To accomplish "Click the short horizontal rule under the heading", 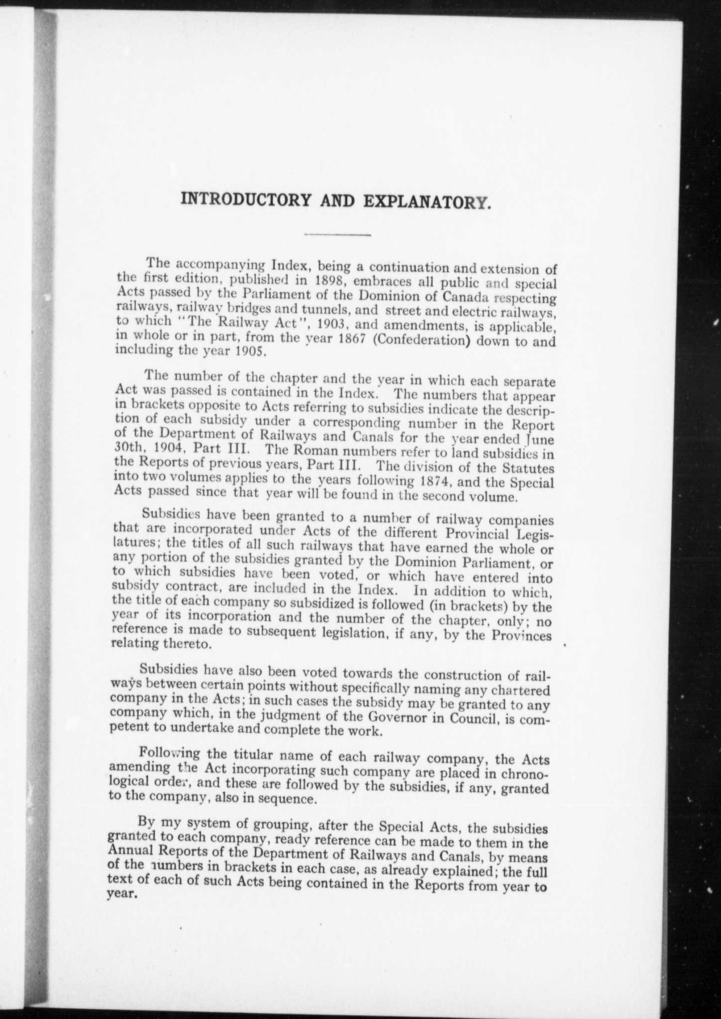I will pyautogui.click(x=337, y=234).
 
